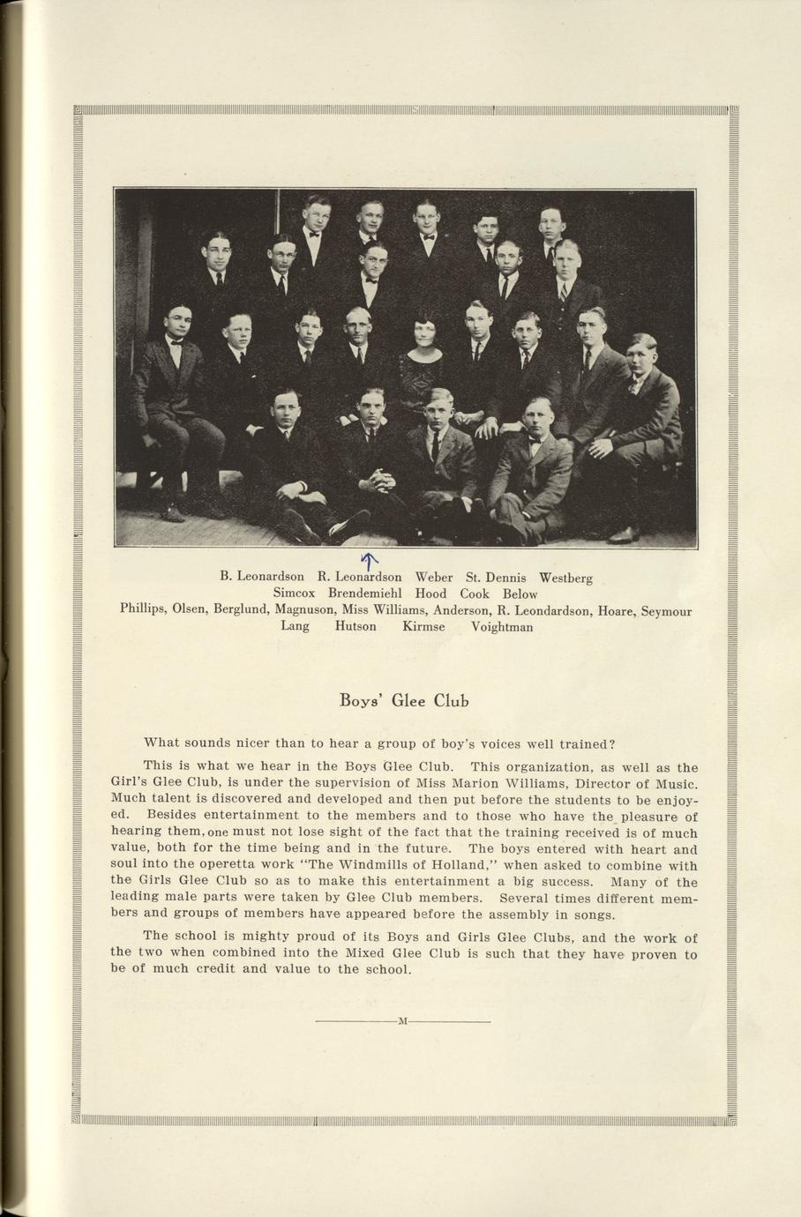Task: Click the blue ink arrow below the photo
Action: [370, 559]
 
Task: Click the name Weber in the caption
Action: [433, 578]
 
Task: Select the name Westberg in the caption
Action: [565, 579]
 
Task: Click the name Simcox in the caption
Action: [294, 594]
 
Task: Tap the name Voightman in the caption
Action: [502, 627]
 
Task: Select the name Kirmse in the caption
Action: [423, 626]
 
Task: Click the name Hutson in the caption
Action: [356, 626]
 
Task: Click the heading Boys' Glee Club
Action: [404, 701]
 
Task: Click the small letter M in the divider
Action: [403, 1021]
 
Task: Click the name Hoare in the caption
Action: [616, 610]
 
